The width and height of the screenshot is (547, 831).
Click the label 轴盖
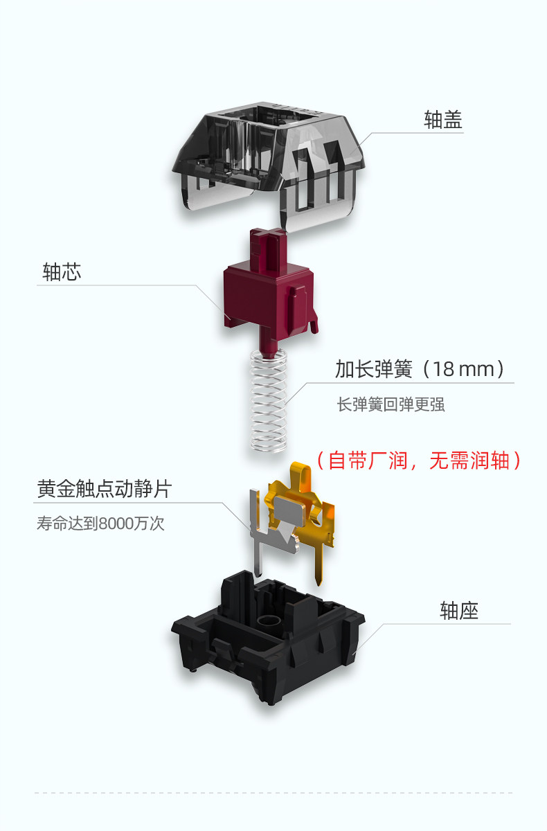click(443, 120)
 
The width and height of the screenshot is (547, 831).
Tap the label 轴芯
click(62, 271)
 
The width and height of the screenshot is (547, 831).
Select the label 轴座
click(459, 610)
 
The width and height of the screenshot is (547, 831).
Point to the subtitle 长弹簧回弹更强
click(391, 404)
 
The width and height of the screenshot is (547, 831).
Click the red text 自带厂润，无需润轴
click(418, 461)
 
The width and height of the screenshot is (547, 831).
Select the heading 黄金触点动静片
click(104, 490)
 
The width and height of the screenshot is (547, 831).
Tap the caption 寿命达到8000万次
click(100, 524)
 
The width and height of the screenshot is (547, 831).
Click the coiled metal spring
click(269, 402)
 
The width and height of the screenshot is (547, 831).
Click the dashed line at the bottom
click(273, 792)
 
